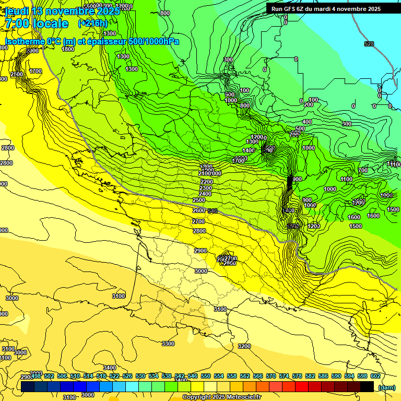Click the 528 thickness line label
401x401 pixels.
369,44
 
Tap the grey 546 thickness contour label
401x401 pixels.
213,211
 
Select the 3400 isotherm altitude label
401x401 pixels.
109,368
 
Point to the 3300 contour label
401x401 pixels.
168,344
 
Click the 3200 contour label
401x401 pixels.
244,346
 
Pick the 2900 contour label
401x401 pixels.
200,251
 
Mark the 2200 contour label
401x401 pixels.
206,182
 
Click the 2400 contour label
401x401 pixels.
205,194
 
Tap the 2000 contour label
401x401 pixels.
32,51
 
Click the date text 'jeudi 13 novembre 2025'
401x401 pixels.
62,11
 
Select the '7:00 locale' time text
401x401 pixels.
36,23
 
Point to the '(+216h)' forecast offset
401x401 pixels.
92,23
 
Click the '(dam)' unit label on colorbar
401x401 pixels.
386,387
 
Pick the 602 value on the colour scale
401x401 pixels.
375,376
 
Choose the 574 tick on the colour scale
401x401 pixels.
284,376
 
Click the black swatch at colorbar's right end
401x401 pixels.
367,386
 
